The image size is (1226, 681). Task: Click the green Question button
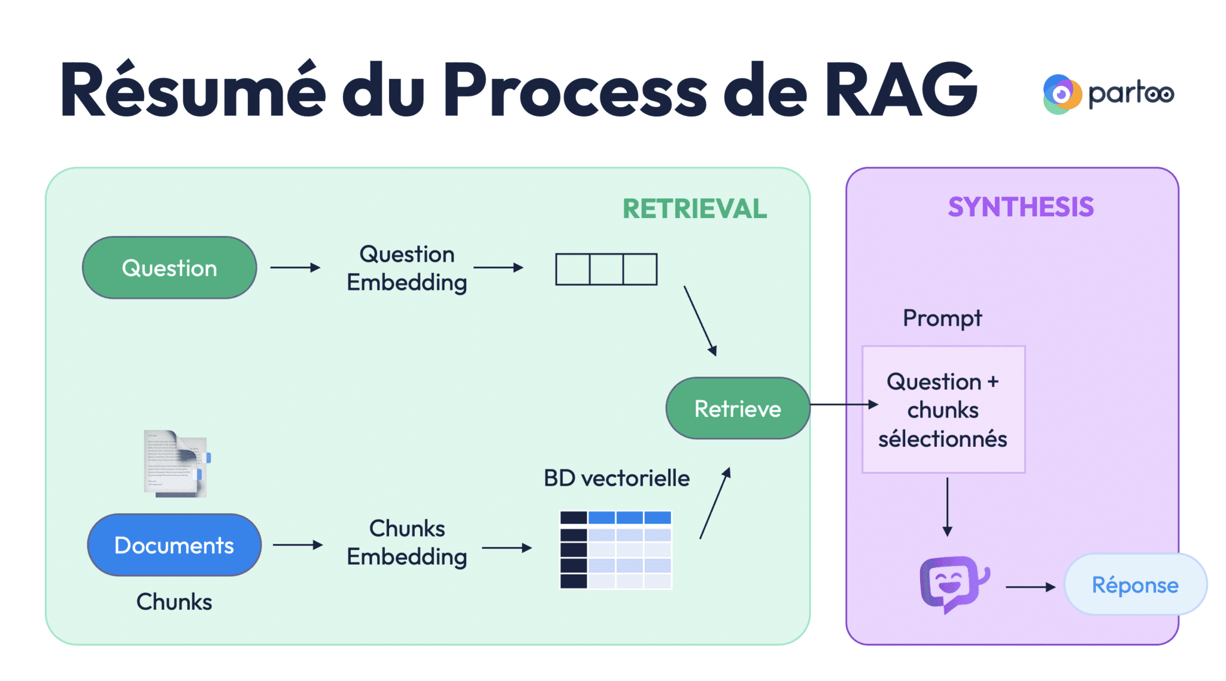(169, 268)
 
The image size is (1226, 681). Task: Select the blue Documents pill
(174, 545)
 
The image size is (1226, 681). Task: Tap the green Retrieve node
(738, 408)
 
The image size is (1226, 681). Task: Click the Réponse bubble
(1135, 585)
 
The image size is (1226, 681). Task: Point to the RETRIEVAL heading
(694, 209)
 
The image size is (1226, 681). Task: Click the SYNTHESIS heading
(1021, 207)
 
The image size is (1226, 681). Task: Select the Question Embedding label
(407, 268)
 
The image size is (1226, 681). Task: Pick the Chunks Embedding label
(407, 542)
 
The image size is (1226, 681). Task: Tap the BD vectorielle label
(617, 478)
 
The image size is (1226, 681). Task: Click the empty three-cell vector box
(606, 269)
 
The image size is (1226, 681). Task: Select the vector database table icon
(615, 550)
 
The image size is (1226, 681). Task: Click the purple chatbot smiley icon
(952, 583)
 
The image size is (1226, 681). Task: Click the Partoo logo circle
(1061, 94)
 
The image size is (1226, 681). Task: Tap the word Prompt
(942, 318)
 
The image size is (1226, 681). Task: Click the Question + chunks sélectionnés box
(943, 410)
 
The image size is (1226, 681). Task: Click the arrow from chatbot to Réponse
(1030, 587)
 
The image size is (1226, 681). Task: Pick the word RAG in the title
(901, 90)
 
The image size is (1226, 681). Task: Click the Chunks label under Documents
(174, 601)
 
